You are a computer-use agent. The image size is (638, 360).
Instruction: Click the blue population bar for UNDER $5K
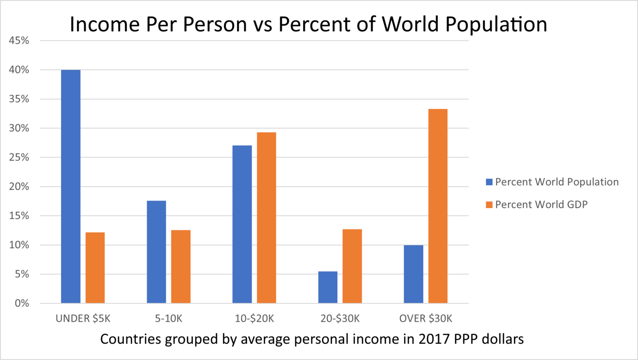[x=71, y=186]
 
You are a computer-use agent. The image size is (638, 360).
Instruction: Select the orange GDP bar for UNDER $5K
[x=95, y=268]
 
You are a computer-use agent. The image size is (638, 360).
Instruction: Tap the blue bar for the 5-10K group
[x=156, y=252]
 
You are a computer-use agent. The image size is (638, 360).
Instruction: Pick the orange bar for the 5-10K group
[x=181, y=267]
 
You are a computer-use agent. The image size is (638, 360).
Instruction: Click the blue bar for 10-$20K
[x=242, y=224]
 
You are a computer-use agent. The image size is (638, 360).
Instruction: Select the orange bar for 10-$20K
[x=266, y=218]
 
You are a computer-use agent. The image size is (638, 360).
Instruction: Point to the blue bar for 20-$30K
[x=328, y=287]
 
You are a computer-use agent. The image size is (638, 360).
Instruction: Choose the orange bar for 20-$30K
[x=352, y=266]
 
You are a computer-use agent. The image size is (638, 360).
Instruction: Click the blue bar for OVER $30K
[x=413, y=274]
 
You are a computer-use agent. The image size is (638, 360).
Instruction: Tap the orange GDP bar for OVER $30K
[x=438, y=206]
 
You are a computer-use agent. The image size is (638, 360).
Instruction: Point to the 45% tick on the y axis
[x=19, y=41]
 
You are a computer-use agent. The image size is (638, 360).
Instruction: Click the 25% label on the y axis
[x=19, y=157]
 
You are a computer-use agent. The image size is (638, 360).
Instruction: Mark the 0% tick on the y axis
[x=22, y=304]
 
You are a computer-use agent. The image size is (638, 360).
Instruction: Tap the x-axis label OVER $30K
[x=425, y=318]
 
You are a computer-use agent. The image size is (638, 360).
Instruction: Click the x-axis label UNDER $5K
[x=83, y=318]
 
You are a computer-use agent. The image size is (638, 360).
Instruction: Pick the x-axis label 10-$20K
[x=254, y=318]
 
